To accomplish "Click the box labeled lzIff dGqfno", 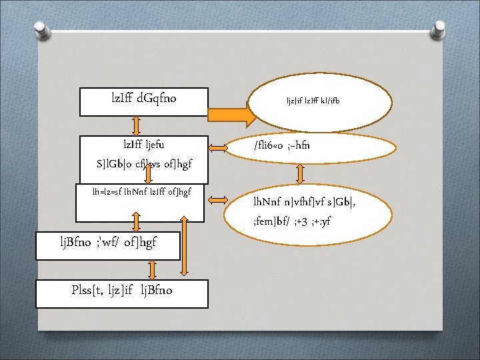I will (x=144, y=101).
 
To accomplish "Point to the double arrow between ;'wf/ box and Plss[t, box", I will (x=153, y=269).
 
